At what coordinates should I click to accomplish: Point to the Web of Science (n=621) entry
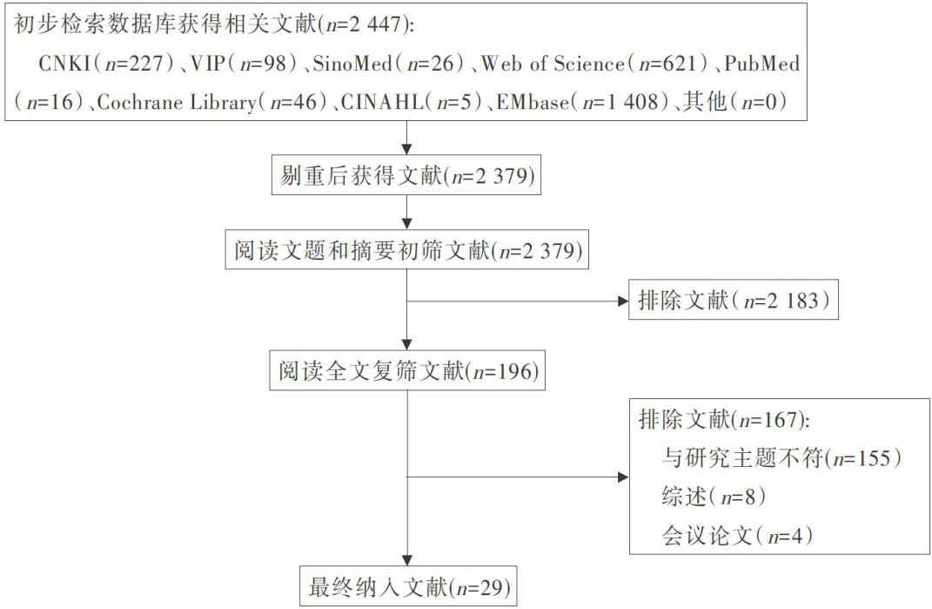coord(592,64)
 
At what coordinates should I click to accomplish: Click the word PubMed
coord(761,64)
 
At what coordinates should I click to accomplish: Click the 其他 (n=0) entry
coord(734,102)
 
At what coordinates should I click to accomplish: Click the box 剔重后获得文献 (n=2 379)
coord(407,177)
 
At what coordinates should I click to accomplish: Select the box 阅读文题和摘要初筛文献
coord(407,251)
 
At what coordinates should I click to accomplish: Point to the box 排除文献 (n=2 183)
coord(733,301)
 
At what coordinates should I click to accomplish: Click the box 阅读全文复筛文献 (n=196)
coord(407,372)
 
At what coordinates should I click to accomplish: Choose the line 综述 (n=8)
coord(714,497)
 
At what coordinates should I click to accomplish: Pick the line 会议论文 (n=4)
coord(736,536)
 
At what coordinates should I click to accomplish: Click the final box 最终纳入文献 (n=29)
coord(407,587)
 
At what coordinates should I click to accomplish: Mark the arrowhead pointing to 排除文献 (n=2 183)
coord(621,301)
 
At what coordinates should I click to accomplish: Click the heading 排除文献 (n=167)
coord(724,419)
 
